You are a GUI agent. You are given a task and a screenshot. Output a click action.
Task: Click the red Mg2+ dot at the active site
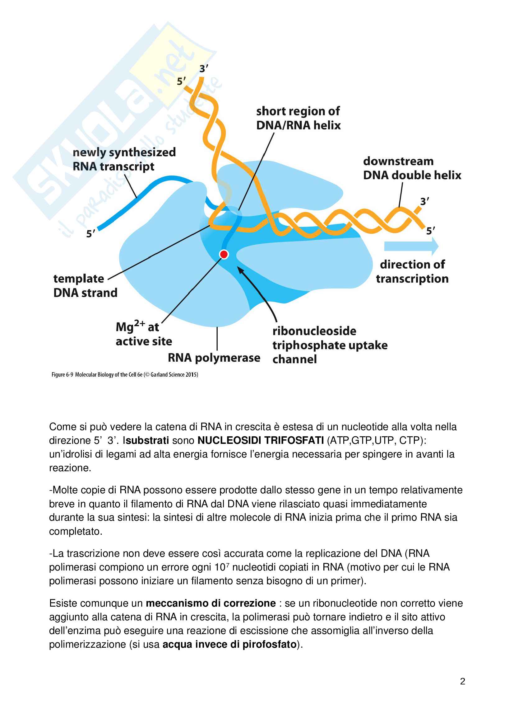(224, 254)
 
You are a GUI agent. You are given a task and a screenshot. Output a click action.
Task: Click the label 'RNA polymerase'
(214, 358)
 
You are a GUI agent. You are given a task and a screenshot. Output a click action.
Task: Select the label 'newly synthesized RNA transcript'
(124, 159)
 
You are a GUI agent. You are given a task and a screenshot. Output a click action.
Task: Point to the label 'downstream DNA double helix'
(412, 168)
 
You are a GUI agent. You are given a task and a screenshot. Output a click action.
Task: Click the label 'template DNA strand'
(85, 285)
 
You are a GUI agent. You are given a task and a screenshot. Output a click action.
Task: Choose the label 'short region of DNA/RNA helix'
(298, 118)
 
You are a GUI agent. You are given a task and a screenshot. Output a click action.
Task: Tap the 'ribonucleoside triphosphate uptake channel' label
(330, 345)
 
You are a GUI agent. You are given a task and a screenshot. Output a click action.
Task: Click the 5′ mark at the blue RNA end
(90, 234)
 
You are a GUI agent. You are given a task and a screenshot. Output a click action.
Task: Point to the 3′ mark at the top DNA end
(203, 68)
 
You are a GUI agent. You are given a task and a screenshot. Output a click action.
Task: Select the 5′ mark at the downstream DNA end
(430, 231)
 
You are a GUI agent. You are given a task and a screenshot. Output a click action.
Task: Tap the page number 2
(462, 681)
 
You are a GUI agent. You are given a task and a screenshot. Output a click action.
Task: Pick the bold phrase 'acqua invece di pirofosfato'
(229, 644)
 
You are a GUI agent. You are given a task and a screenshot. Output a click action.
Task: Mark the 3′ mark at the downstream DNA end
(424, 201)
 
